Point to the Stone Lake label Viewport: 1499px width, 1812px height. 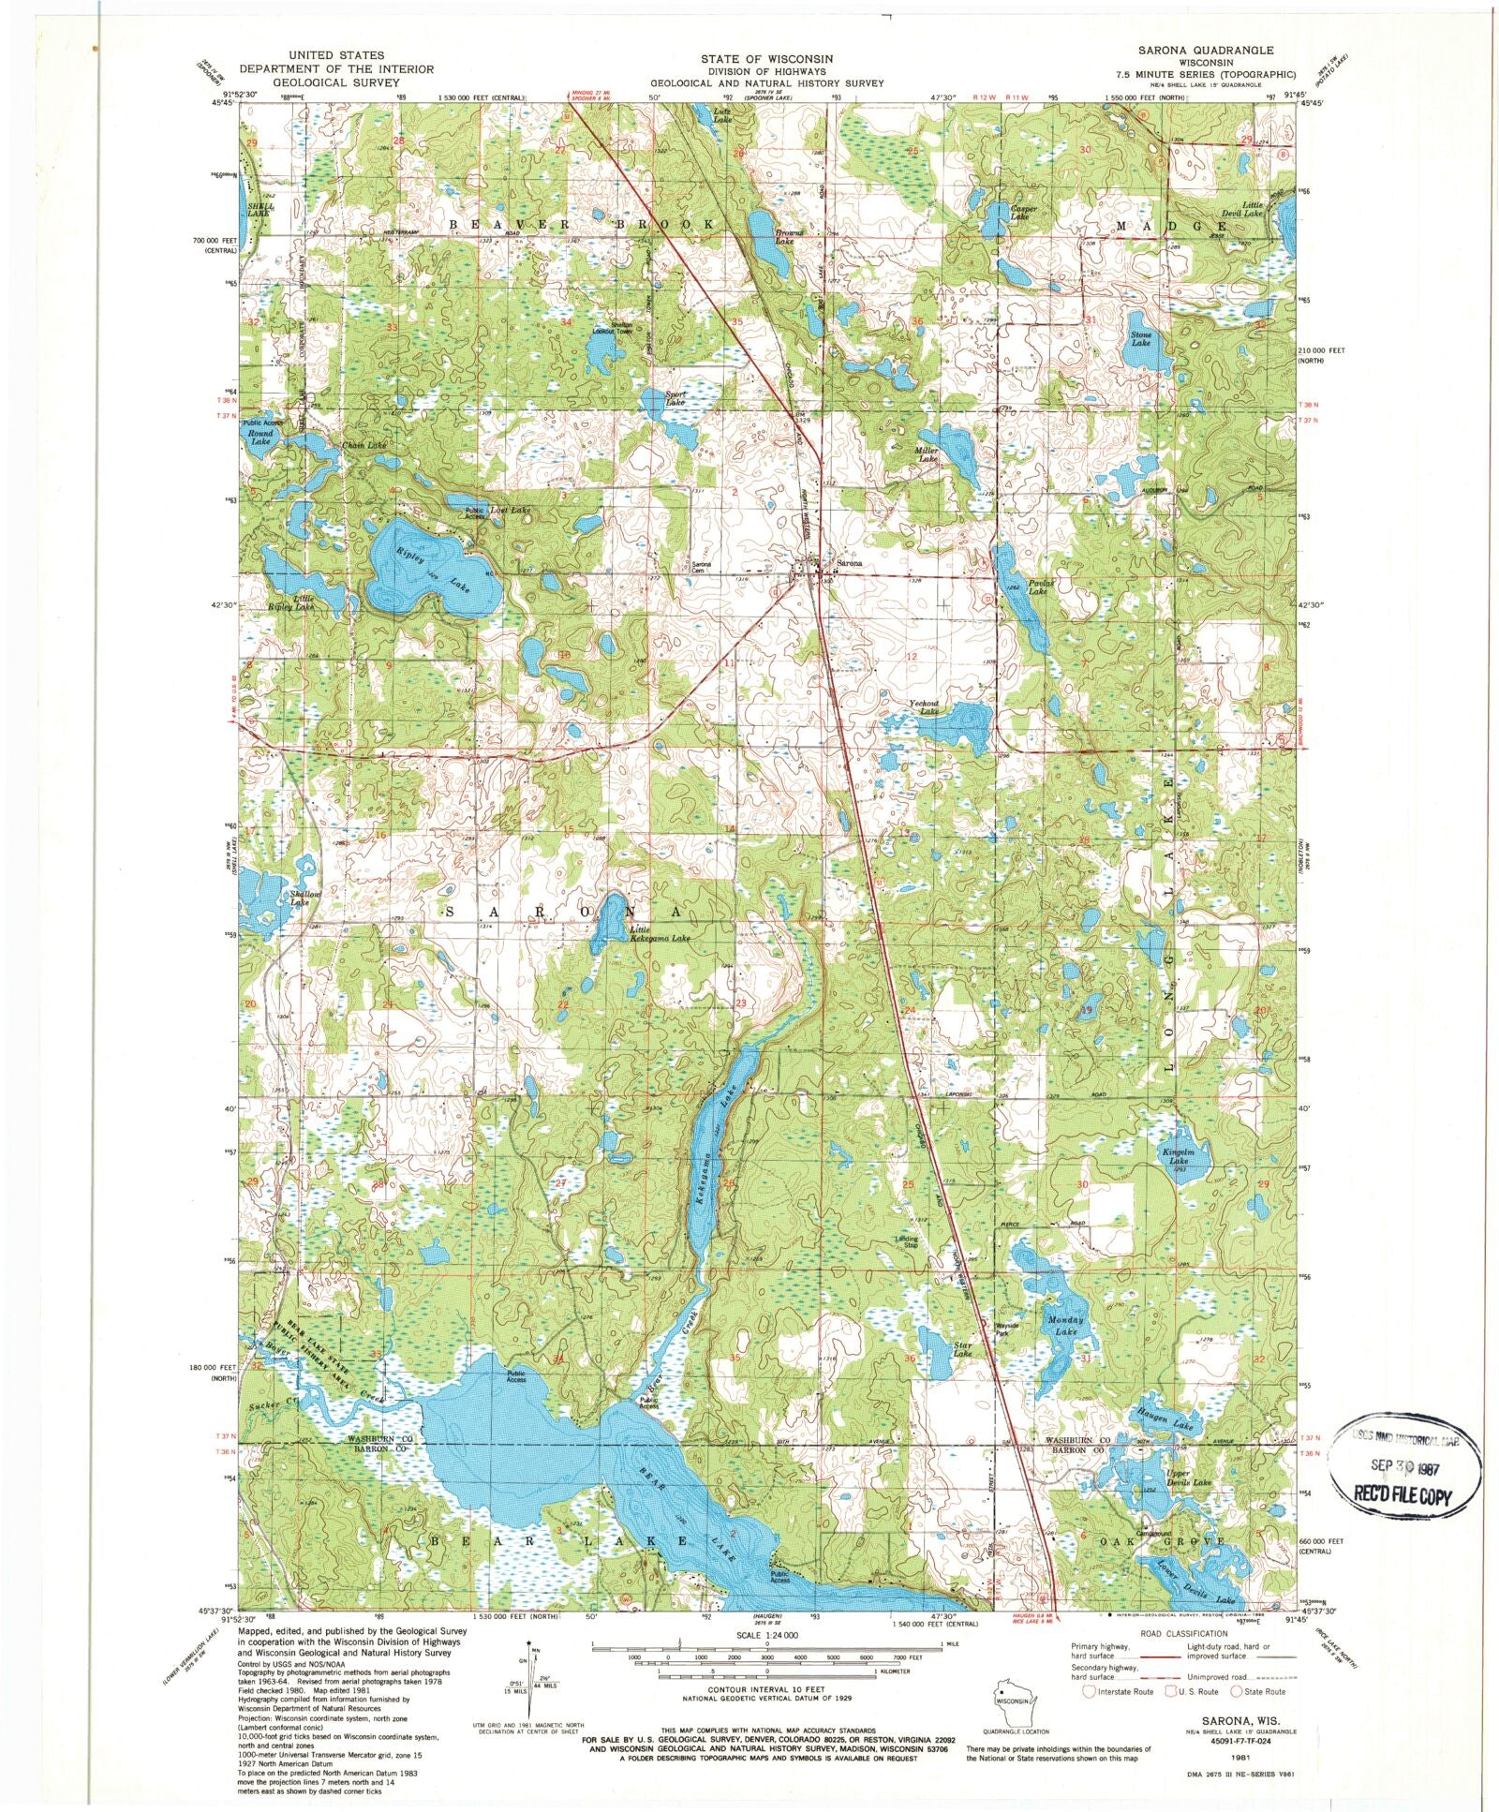pos(1140,338)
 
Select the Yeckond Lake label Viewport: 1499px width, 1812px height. pos(924,707)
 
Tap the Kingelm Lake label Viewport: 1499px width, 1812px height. pos(1176,1156)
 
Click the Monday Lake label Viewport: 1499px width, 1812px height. pos(1065,1325)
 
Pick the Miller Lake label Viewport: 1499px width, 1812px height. pos(926,454)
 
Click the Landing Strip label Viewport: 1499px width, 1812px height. pos(906,1241)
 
